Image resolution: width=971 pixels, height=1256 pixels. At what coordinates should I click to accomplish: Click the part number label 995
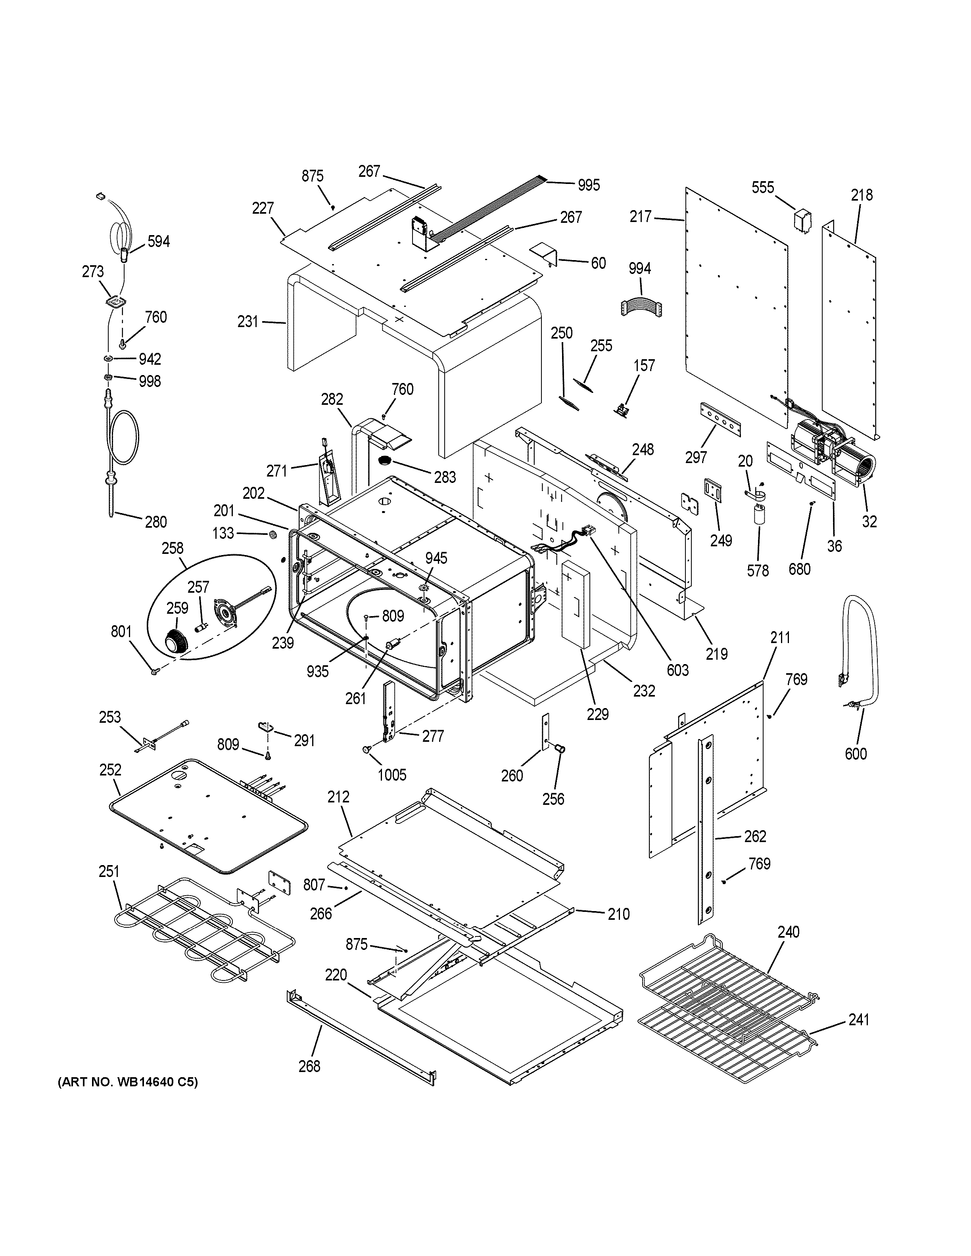click(x=589, y=185)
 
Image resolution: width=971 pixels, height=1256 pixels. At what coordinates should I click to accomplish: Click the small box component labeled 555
click(x=802, y=221)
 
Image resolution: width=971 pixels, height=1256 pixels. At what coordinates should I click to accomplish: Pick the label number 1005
click(x=392, y=775)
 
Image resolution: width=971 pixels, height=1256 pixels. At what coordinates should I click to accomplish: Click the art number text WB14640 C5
click(x=127, y=1082)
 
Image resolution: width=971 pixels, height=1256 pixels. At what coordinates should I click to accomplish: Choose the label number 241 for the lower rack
click(x=859, y=1020)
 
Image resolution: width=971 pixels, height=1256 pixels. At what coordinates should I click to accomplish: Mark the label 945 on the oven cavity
click(x=436, y=558)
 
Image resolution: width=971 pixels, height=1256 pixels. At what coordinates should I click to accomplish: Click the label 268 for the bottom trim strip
click(x=309, y=1066)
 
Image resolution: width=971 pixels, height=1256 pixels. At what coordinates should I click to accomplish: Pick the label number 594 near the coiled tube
click(x=158, y=241)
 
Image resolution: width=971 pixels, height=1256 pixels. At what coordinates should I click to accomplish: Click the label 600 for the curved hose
click(x=856, y=753)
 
